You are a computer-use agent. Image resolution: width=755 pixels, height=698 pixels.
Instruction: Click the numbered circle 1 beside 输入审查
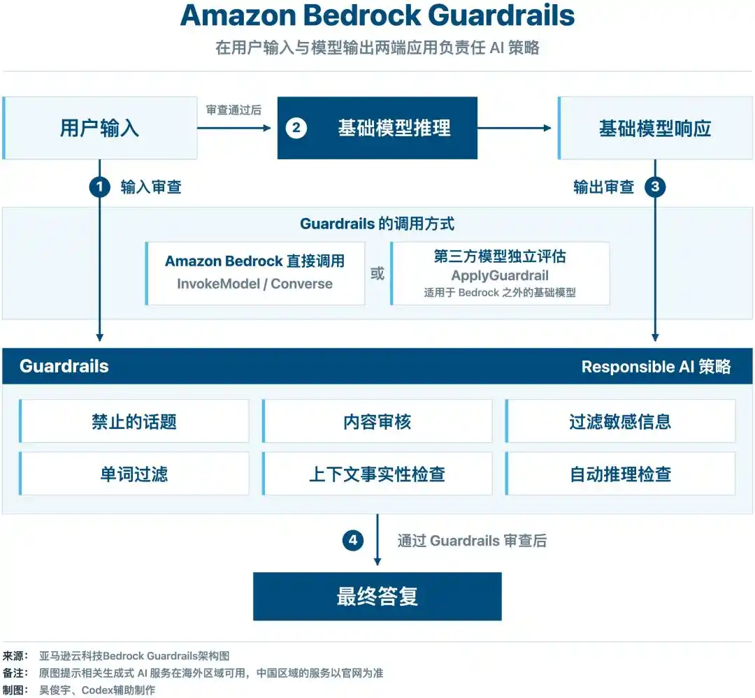click(100, 187)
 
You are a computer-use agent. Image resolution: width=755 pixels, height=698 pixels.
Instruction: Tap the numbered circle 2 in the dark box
click(296, 128)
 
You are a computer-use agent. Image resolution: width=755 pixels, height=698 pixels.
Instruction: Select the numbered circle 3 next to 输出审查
click(655, 187)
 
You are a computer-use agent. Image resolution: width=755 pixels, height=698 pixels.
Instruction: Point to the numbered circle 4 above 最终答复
click(353, 540)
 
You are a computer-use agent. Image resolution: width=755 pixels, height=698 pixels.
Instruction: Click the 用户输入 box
click(100, 128)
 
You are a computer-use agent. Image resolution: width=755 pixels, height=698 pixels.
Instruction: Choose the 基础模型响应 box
click(655, 128)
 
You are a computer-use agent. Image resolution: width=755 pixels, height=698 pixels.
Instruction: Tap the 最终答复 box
click(377, 597)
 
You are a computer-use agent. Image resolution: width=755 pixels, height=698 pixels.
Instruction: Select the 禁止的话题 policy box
click(134, 421)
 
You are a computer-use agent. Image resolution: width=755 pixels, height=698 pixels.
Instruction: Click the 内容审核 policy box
click(377, 421)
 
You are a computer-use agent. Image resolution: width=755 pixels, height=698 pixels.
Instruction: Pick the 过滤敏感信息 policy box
click(620, 421)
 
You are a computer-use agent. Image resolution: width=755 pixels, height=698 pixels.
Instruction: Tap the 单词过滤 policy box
click(134, 474)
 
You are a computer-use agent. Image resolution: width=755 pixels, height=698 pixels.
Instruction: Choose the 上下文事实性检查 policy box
click(377, 474)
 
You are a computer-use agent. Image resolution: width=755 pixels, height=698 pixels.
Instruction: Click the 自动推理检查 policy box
click(620, 474)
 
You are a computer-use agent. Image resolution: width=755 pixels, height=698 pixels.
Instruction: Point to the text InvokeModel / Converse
click(254, 284)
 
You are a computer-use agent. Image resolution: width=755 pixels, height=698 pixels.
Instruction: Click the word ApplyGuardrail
click(500, 275)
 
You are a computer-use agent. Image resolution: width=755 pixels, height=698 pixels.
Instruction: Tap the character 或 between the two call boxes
click(377, 273)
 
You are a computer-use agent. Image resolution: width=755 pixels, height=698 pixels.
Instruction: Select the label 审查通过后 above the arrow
click(233, 110)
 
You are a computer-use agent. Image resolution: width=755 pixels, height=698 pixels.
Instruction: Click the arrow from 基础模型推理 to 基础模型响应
click(515, 128)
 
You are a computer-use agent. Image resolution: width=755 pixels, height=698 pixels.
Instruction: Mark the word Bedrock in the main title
click(362, 15)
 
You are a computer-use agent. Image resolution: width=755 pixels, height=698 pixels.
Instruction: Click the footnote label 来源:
click(15, 655)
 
